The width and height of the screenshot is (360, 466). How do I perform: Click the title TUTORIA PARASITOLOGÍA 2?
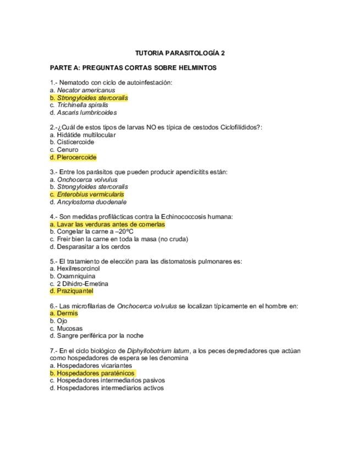tap(180, 53)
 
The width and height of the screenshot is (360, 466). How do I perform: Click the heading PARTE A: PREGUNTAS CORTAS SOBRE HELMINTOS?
tap(133, 68)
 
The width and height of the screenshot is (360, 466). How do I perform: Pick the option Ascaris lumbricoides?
tap(83, 113)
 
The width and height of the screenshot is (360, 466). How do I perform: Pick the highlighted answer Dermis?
tap(64, 313)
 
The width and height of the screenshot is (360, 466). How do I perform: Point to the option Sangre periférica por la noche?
tap(97, 336)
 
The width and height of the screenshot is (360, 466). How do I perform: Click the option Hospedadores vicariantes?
tap(91, 365)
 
